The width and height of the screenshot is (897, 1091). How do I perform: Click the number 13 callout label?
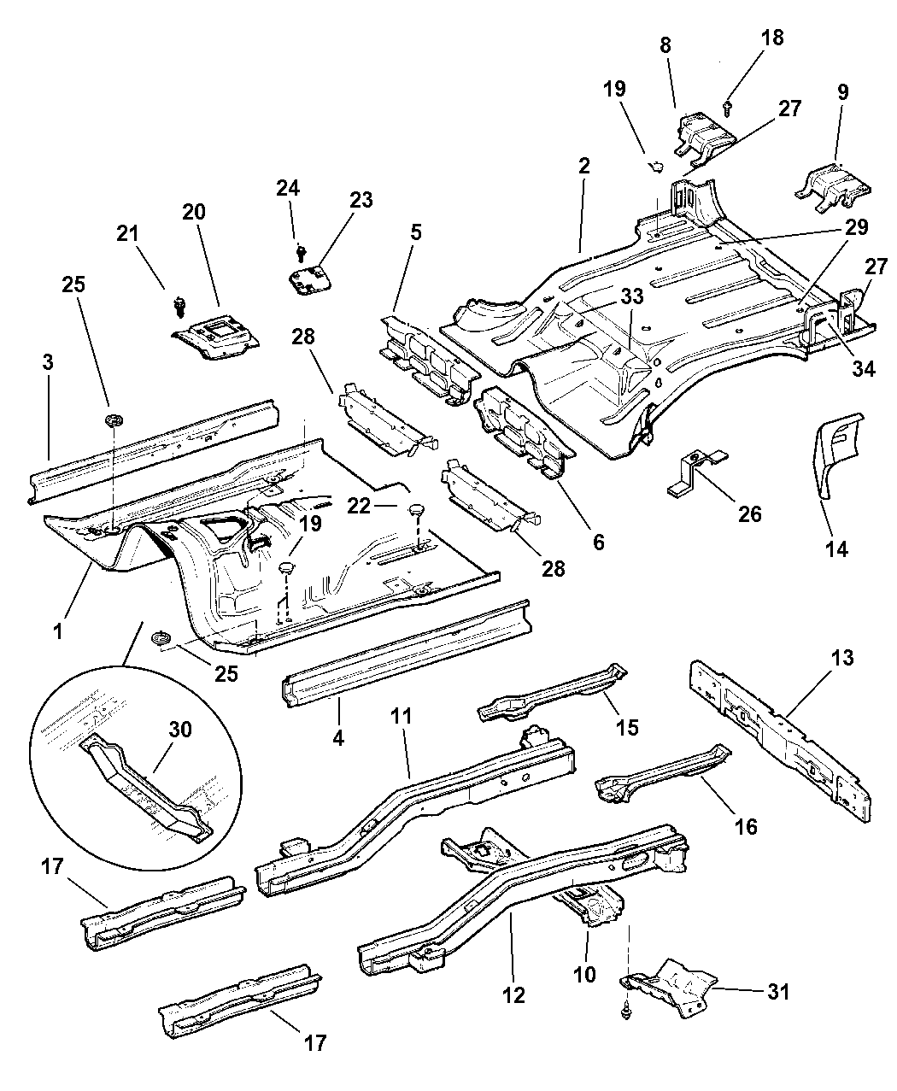841,659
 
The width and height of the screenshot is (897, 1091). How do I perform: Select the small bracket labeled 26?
694,472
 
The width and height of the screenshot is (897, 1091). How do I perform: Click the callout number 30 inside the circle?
180,730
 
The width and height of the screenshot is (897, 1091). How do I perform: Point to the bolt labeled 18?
727,107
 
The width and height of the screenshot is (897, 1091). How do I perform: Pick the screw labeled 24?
301,251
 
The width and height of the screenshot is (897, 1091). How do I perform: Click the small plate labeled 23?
309,279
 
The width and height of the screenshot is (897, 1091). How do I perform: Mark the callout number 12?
514,994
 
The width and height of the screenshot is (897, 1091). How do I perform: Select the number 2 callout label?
583,167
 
